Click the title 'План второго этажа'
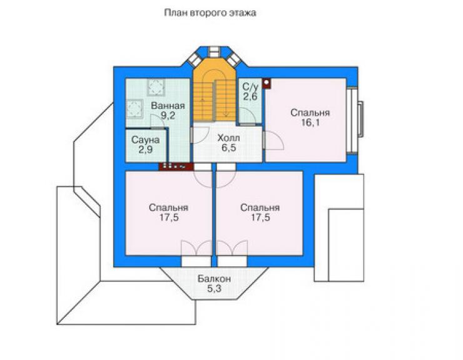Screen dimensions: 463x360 point(210,13)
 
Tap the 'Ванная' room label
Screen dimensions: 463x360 point(168,106)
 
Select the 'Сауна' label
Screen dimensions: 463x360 point(145,140)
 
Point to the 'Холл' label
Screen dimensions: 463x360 point(228,138)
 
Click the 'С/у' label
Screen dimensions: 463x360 point(250,86)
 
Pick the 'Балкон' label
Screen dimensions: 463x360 point(214,279)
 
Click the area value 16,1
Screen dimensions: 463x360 point(310,122)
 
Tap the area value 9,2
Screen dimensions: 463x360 point(168,116)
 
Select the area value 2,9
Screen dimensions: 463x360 point(146,149)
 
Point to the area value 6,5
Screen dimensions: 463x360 point(229,148)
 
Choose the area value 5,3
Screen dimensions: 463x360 point(214,289)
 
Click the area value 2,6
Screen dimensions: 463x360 point(250,96)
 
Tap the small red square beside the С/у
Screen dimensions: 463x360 point(267,83)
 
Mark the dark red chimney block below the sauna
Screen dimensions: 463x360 point(176,167)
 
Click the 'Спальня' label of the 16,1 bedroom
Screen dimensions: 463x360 point(310,113)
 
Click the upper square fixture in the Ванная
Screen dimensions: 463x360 point(156,88)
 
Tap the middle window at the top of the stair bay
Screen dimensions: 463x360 point(213,52)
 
